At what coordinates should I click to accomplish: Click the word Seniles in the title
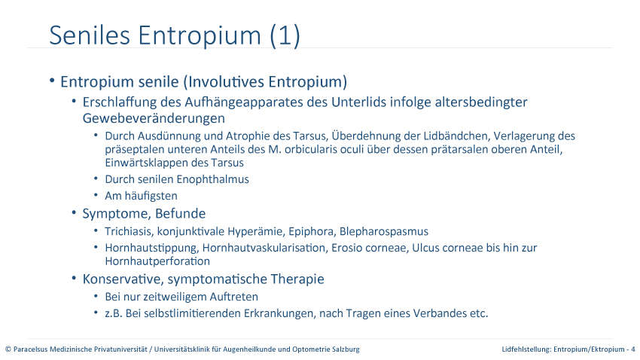pyautogui.click(x=90, y=35)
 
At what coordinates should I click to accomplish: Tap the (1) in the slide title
pyautogui.click(x=285, y=35)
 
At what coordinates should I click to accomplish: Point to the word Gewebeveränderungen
pyautogui.click(x=154, y=118)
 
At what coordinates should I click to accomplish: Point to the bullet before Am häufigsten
pyautogui.click(x=96, y=195)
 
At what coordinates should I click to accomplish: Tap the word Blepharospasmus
pyautogui.click(x=384, y=231)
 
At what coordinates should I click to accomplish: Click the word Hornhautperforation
pyautogui.click(x=157, y=261)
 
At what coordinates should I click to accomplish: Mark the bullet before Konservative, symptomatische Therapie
pyautogui.click(x=74, y=279)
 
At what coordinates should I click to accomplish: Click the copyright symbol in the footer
pyautogui.click(x=8, y=349)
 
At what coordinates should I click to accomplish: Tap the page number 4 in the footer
pyautogui.click(x=633, y=349)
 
